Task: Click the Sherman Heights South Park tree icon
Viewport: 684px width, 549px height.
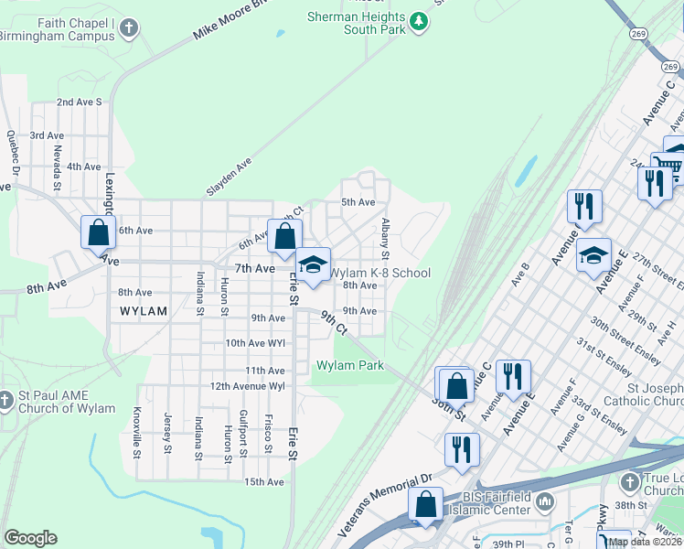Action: [x=419, y=20]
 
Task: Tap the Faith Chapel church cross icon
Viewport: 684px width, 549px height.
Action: [x=129, y=27]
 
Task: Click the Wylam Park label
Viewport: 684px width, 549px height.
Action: [x=350, y=366]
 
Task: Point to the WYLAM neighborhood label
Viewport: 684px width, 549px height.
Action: [x=144, y=311]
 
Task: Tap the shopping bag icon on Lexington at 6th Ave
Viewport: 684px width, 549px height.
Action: [x=98, y=233]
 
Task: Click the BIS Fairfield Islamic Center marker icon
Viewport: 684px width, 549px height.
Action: [x=545, y=501]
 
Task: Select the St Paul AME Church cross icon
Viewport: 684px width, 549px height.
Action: [x=6, y=400]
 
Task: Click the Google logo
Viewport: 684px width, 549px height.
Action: [x=30, y=538]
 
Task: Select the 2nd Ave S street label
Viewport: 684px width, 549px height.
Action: [x=79, y=102]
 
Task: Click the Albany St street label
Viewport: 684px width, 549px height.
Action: [x=386, y=238]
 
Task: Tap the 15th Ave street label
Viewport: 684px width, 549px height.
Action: [x=263, y=481]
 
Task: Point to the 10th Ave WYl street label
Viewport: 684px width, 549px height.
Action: [x=255, y=343]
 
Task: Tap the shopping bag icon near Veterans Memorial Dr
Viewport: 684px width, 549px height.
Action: [x=426, y=504]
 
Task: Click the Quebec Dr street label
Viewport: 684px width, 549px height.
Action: [x=13, y=152]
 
